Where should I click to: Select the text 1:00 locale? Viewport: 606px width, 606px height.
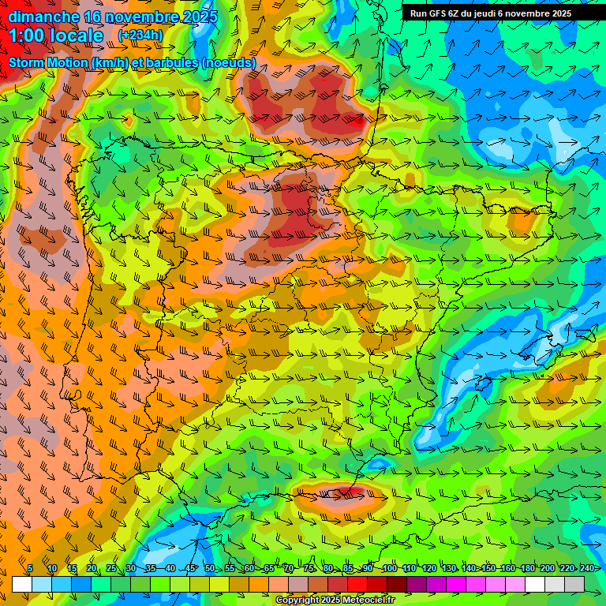pyautogui.click(x=56, y=36)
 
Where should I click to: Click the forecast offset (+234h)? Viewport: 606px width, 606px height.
pyautogui.click(x=140, y=36)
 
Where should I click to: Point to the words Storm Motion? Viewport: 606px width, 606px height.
pyautogui.click(x=47, y=62)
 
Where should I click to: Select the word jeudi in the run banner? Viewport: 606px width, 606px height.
pyautogui.click(x=496, y=13)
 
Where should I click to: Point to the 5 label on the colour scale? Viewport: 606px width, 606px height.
pyautogui.click(x=30, y=569)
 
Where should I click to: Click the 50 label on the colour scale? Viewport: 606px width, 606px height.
pyautogui.click(x=210, y=569)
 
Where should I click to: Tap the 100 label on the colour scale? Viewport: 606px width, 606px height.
pyautogui.click(x=389, y=569)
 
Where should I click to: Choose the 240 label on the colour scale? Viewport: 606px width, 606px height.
pyautogui.click(x=587, y=569)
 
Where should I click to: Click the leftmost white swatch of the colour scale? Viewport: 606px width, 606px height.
pyautogui.click(x=22, y=584)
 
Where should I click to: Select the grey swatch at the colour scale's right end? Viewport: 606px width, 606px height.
pyautogui.click(x=574, y=584)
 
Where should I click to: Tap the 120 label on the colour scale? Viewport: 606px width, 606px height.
pyautogui.click(x=429, y=569)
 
